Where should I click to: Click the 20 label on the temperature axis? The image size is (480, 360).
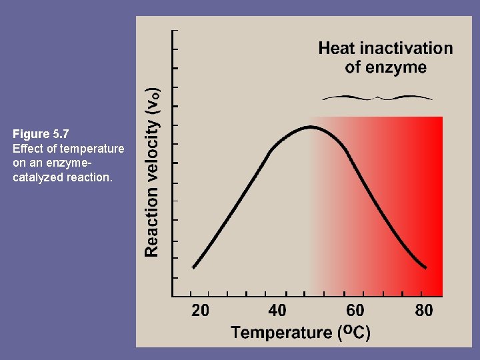[200, 311]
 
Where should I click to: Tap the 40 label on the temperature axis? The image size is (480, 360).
[277, 311]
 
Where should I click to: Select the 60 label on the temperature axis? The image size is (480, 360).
[355, 311]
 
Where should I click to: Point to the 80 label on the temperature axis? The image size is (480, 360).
[423, 311]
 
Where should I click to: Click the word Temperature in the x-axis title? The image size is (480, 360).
[281, 332]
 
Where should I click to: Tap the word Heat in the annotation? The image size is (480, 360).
[336, 48]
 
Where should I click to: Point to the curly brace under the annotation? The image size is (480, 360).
[377, 98]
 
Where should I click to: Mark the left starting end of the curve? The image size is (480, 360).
[193, 267]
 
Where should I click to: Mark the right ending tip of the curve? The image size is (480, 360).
[425, 268]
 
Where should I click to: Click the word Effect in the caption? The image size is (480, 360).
[27, 148]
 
